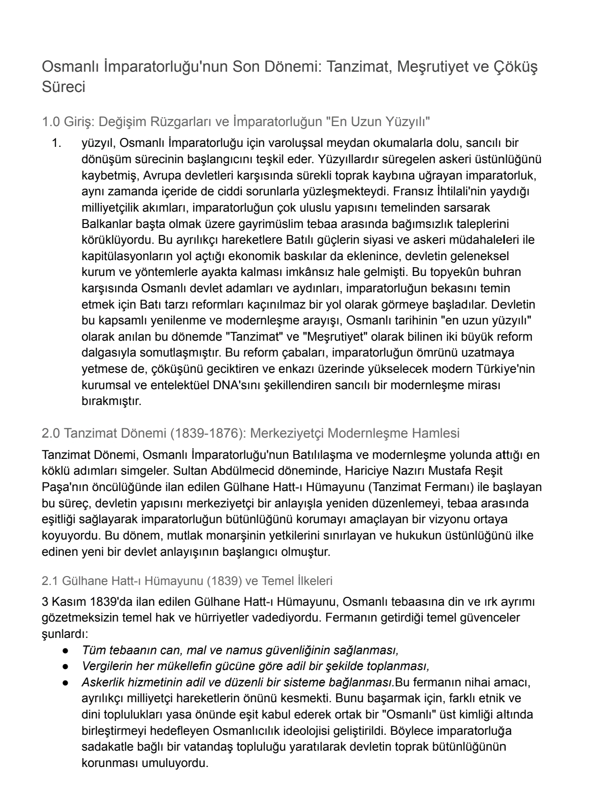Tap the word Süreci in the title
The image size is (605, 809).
coord(64,87)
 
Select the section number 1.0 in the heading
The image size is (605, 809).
coord(51,121)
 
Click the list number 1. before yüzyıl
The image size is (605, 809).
coord(57,143)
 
